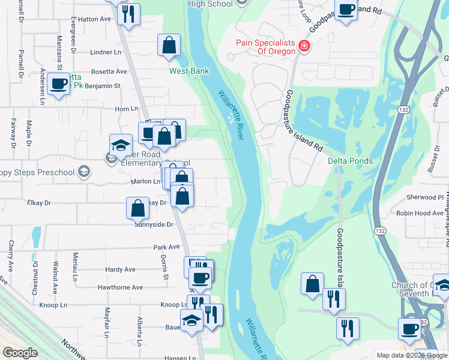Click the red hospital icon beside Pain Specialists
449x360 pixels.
coord(304,46)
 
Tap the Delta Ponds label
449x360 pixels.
coord(351,161)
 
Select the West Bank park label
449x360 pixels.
coord(189,71)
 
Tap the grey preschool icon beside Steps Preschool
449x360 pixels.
coord(84,173)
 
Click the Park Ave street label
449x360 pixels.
coord(166,247)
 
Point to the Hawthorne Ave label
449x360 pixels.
coord(124,287)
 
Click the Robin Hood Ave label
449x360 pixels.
coord(420,213)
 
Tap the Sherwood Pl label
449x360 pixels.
coord(424,197)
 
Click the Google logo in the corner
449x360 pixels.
coord(20,353)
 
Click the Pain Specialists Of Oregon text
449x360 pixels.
coord(265,47)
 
